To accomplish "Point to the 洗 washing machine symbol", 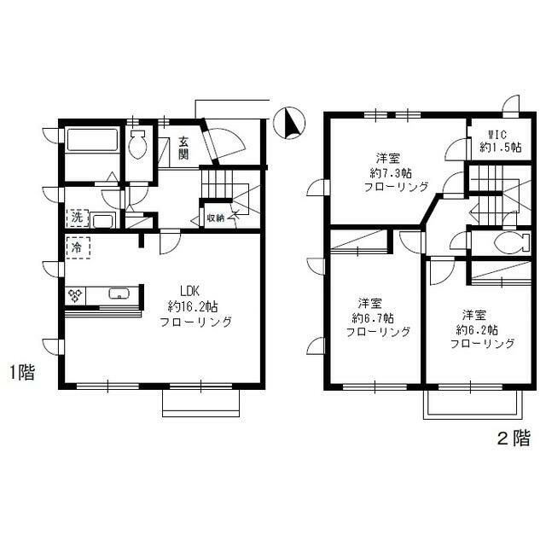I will tap(78, 218).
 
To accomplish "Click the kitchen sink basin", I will tap(119, 296).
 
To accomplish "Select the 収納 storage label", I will tap(215, 218).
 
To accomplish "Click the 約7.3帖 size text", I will tap(388, 172).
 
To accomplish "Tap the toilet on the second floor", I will tap(502, 242).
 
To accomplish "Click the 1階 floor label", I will tap(22, 372).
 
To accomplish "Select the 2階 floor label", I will tap(514, 439).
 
